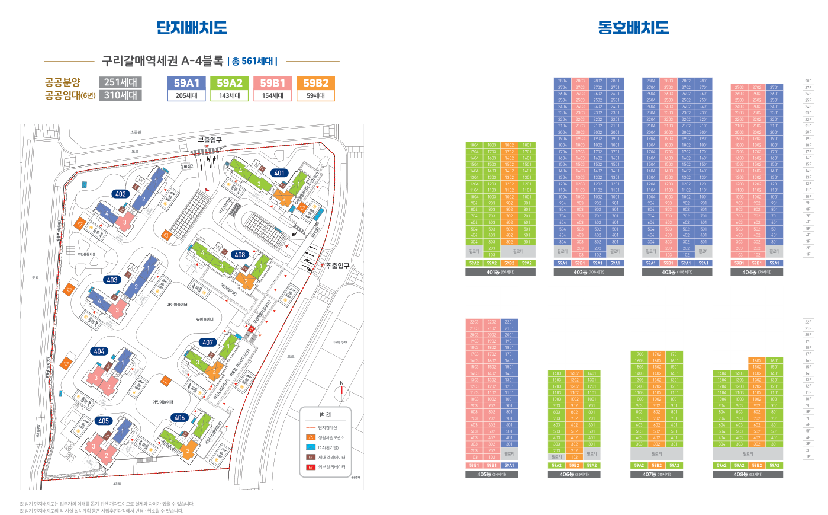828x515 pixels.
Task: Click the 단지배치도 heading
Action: click(x=191, y=27)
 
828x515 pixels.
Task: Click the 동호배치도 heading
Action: click(x=633, y=27)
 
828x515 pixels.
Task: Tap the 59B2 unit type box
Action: click(x=315, y=83)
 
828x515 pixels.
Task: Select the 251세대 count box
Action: click(x=121, y=82)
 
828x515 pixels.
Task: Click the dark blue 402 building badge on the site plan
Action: click(x=121, y=194)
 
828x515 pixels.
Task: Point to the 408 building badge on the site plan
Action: click(x=240, y=255)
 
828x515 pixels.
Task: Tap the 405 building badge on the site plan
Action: click(x=104, y=421)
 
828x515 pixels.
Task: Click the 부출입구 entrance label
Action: click(x=210, y=140)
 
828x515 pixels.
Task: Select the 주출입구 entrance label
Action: click(x=337, y=266)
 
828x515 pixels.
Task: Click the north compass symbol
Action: click(x=341, y=392)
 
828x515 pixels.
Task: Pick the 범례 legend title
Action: click(x=326, y=415)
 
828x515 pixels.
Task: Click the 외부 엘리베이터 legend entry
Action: click(x=331, y=468)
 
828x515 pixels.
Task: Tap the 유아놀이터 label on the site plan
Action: click(x=205, y=319)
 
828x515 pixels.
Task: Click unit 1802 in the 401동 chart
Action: click(x=509, y=145)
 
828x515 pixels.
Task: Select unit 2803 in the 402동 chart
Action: click(x=580, y=81)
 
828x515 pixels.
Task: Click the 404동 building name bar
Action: click(x=756, y=272)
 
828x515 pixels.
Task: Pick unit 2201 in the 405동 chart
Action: click(x=509, y=322)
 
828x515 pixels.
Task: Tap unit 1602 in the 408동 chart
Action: click(x=756, y=360)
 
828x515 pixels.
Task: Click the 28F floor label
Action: click(x=808, y=81)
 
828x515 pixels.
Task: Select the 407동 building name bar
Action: click(x=656, y=474)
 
